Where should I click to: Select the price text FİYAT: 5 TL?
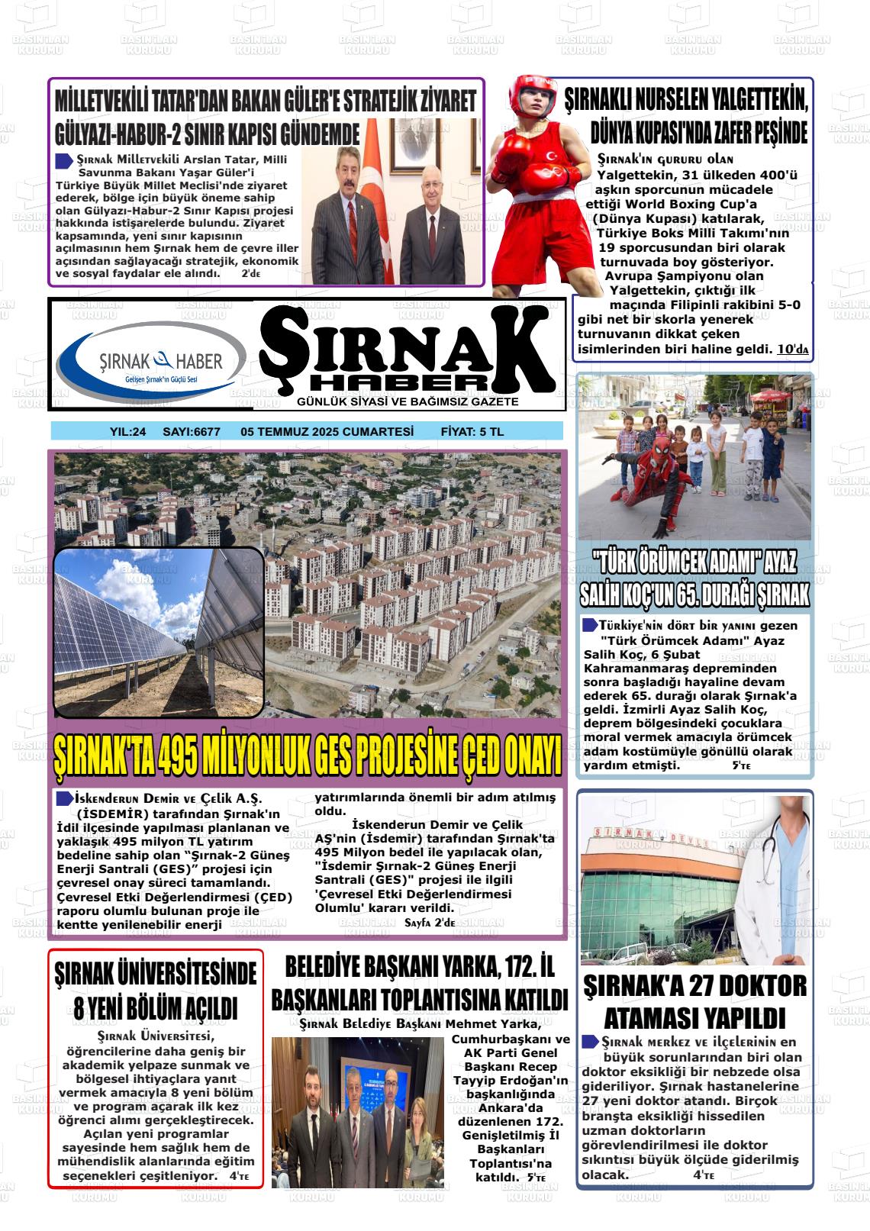(472, 432)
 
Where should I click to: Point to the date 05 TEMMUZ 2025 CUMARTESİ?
(327, 432)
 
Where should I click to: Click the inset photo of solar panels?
(159, 633)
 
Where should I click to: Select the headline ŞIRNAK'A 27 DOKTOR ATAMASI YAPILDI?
(694, 1002)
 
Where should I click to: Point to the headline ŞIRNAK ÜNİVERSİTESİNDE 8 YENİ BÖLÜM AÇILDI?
(156, 991)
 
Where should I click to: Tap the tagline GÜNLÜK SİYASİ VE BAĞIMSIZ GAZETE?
(408, 402)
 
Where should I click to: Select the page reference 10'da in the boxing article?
(792, 350)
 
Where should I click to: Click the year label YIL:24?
(127, 432)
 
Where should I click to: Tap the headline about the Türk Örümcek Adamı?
(694, 579)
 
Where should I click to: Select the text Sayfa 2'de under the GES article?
(429, 923)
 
